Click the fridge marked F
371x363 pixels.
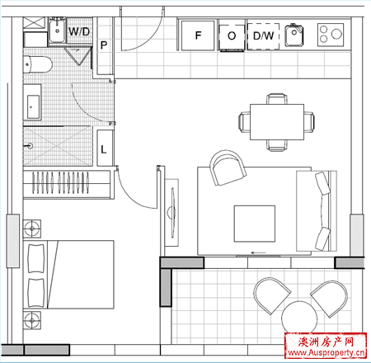point(198,35)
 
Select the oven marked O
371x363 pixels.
point(232,37)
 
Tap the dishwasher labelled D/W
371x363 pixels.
point(263,36)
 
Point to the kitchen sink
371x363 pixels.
point(294,35)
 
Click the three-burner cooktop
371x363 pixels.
point(331,35)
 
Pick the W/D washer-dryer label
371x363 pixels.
point(79,31)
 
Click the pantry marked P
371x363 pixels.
point(104,45)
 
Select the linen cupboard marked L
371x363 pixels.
point(105,148)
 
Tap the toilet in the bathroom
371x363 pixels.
point(38,64)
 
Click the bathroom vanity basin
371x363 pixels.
point(33,106)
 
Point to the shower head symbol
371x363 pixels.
point(29,146)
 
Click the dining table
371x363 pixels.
point(277,122)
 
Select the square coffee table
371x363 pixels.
point(255,224)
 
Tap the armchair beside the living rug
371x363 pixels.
point(228,167)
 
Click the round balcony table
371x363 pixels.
point(299,318)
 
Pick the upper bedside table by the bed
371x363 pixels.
point(32,229)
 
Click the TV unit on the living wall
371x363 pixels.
point(171,213)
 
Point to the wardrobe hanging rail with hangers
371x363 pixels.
point(60,182)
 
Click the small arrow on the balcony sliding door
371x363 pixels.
point(259,252)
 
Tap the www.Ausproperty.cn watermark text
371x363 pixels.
point(326,352)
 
